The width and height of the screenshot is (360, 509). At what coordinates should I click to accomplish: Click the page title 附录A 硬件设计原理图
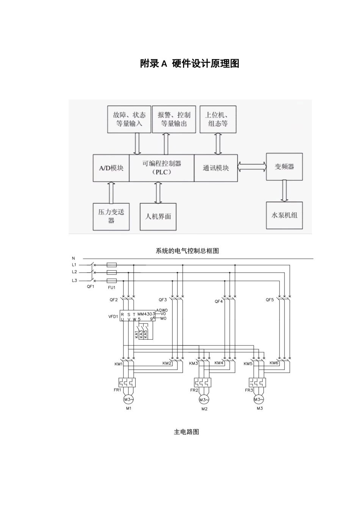click(x=189, y=64)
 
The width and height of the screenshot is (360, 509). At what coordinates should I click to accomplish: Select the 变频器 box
click(x=284, y=167)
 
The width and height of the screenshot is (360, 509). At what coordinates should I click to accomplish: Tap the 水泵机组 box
click(x=284, y=215)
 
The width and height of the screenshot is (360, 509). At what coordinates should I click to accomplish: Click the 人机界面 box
click(x=158, y=217)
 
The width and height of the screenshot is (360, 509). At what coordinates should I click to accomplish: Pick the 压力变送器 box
click(x=111, y=216)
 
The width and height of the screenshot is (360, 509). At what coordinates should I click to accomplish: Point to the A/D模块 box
click(x=111, y=168)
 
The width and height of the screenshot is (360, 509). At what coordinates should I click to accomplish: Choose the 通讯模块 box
click(x=216, y=168)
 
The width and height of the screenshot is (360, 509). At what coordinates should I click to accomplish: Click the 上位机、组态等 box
click(x=218, y=119)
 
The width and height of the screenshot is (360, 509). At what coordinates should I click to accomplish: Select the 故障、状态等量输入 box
click(x=129, y=119)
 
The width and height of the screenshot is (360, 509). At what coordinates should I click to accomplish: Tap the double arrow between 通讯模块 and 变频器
click(x=252, y=167)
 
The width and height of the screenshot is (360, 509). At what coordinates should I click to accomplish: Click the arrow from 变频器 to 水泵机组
click(x=284, y=191)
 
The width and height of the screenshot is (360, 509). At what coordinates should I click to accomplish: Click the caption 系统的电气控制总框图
click(x=187, y=251)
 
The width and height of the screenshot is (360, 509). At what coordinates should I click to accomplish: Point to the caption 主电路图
click(x=186, y=432)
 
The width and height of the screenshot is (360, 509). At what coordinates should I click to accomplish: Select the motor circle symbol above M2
click(x=204, y=400)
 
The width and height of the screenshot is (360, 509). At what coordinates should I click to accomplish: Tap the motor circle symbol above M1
click(x=128, y=399)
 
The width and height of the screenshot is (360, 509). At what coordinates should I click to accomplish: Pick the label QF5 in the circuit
click(x=269, y=300)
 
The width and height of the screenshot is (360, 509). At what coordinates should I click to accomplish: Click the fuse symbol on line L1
click(x=112, y=265)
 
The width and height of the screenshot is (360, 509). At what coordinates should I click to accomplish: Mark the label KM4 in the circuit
click(x=219, y=363)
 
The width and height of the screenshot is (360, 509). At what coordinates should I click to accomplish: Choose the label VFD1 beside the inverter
click(x=113, y=316)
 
